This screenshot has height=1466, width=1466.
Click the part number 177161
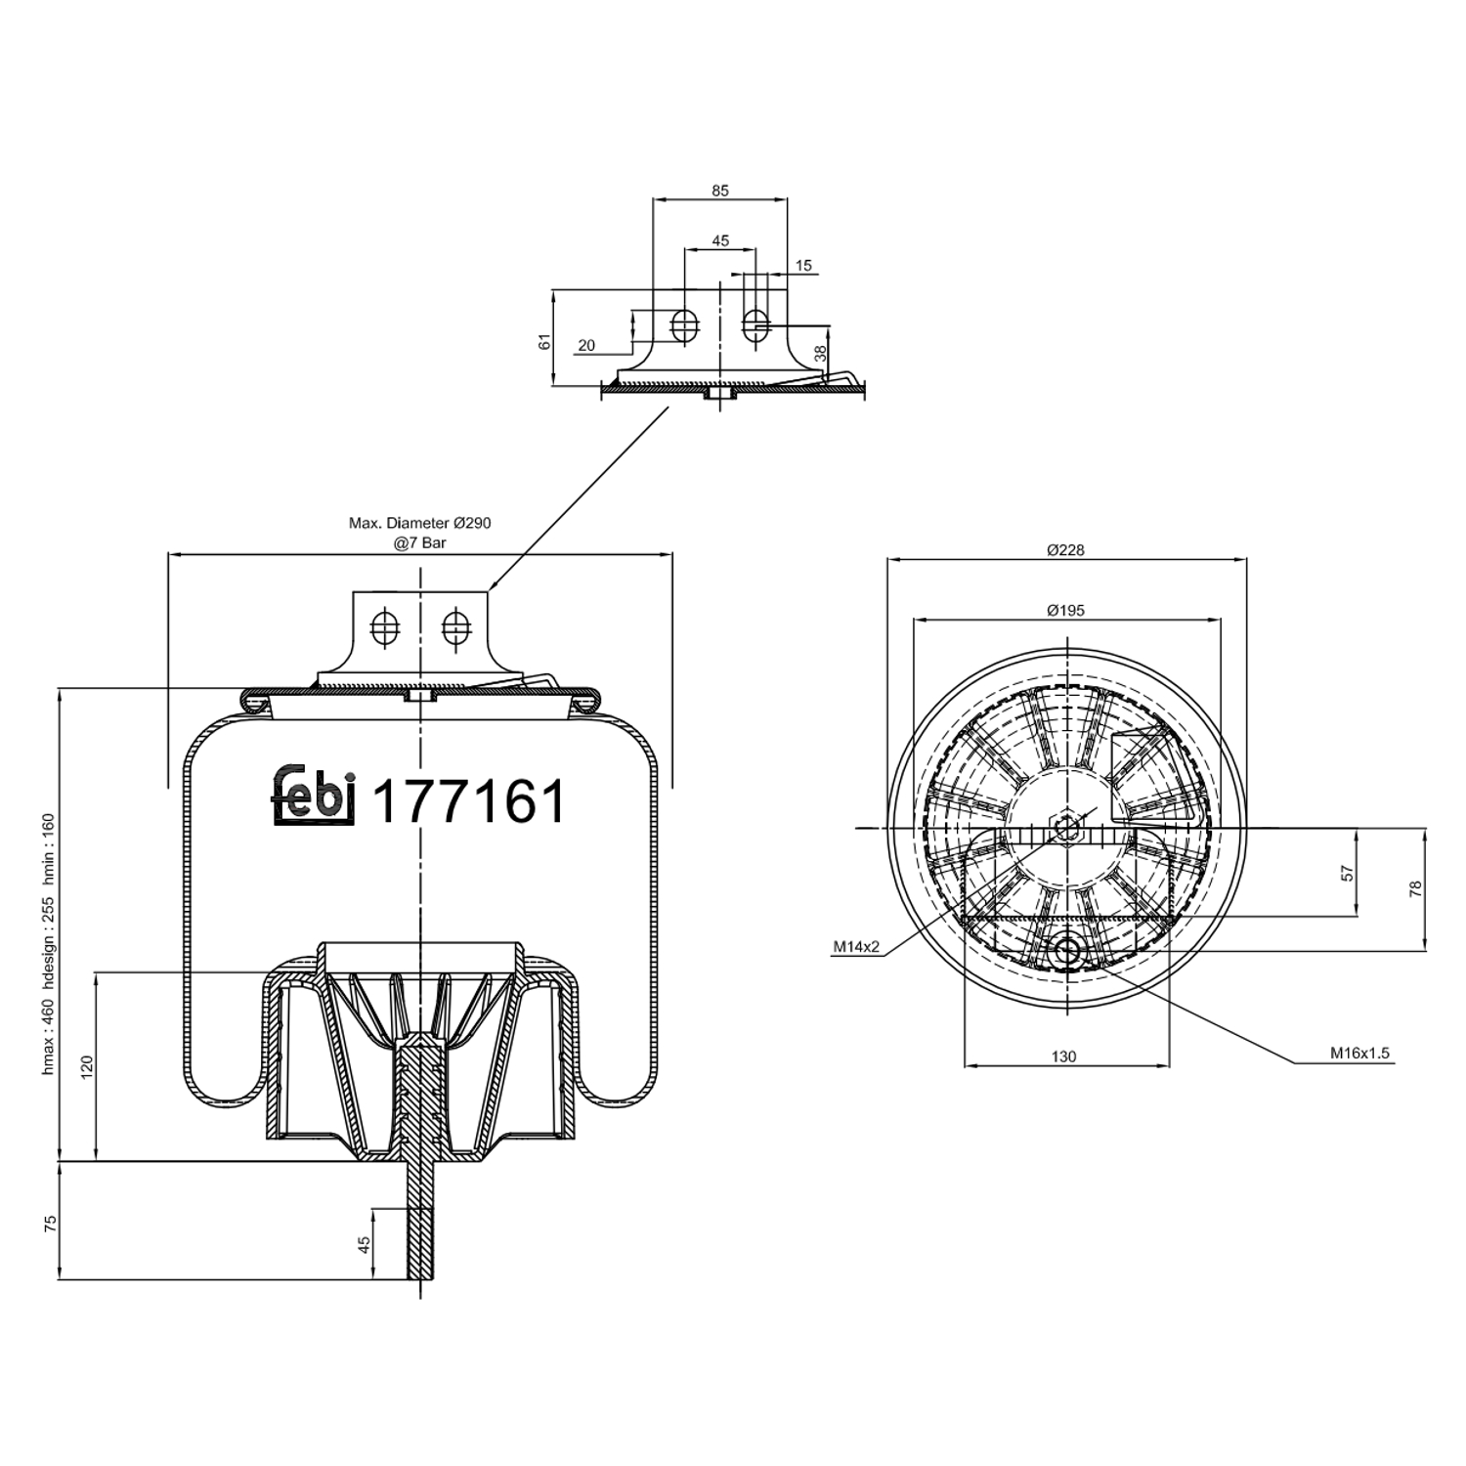469,801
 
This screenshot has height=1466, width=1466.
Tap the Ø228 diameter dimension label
1065,550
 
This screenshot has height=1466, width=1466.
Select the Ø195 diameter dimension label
1065,611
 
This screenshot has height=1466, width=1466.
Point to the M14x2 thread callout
856,946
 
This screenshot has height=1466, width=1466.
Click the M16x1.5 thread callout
1358,1054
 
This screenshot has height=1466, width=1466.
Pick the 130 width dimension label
1063,1056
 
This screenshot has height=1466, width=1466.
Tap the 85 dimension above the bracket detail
720,192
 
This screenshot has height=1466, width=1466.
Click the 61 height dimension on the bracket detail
545,341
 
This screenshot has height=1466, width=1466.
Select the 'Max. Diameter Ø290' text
420,523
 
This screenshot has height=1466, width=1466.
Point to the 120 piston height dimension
86,1065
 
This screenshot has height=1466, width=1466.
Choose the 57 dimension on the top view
1347,873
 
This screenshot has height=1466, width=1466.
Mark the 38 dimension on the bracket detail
820,353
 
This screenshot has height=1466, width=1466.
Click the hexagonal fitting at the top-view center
1066,828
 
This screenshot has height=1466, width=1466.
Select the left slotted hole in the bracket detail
684,325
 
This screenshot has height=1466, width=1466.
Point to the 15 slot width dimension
803,266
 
